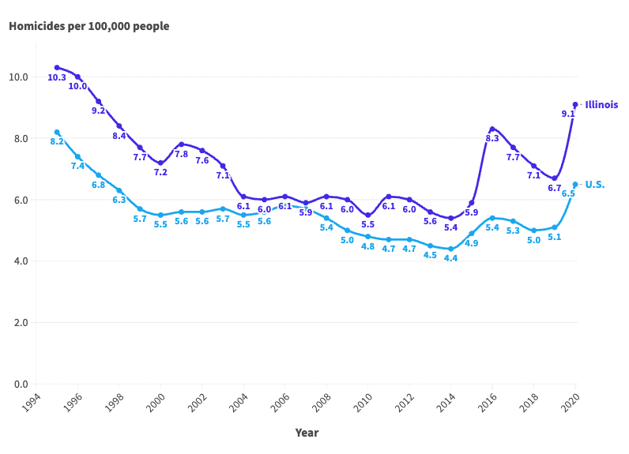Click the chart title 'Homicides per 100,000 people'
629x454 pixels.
click(89, 26)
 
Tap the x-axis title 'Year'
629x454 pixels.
click(307, 433)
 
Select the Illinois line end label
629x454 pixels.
click(601, 104)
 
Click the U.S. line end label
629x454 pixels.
click(594, 184)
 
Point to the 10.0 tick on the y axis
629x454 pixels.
click(19, 77)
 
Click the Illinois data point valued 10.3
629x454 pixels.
click(57, 68)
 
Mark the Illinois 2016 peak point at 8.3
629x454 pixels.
click(492, 129)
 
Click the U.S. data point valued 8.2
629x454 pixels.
click(57, 132)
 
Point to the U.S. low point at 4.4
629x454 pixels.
click(450, 249)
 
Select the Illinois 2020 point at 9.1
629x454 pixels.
click(575, 104)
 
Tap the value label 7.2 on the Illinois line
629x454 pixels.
click(160, 172)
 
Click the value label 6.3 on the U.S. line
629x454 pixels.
click(119, 200)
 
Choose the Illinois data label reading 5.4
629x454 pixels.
click(450, 227)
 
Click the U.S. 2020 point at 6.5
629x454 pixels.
click(575, 184)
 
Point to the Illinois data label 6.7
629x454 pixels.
click(554, 188)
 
